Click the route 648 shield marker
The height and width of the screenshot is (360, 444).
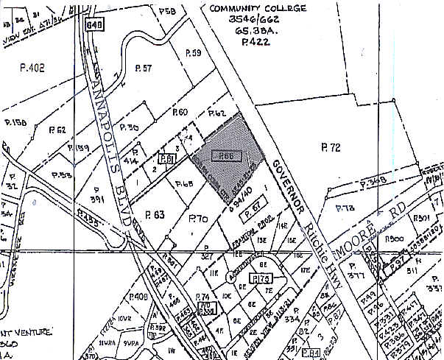click(x=94, y=25)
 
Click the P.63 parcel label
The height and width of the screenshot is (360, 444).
click(x=155, y=215)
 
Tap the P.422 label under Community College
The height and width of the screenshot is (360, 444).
click(x=249, y=43)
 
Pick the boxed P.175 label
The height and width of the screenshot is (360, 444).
click(x=259, y=278)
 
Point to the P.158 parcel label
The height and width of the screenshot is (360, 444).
click(x=15, y=123)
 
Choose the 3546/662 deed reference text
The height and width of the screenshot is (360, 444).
click(x=237, y=21)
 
